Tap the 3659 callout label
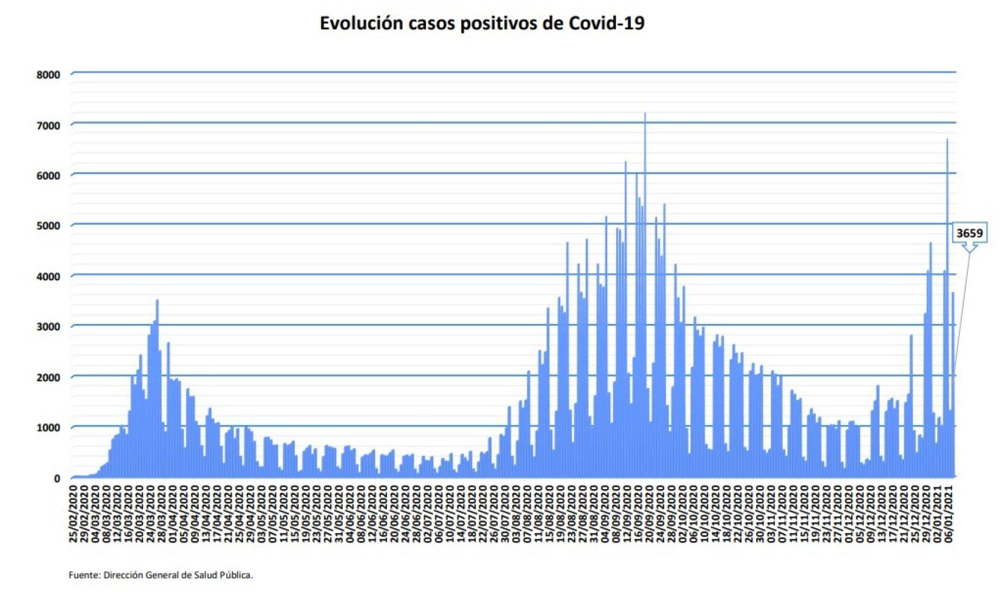coord(969,233)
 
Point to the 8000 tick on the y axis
coord(48,75)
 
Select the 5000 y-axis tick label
coord(48,226)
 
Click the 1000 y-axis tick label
coord(48,428)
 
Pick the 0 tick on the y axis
coord(57,478)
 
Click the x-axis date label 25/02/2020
coord(74,513)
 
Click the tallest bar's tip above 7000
coord(645,114)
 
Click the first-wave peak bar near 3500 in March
coord(157,301)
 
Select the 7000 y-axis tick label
coord(48,125)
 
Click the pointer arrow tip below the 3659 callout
coord(970,253)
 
